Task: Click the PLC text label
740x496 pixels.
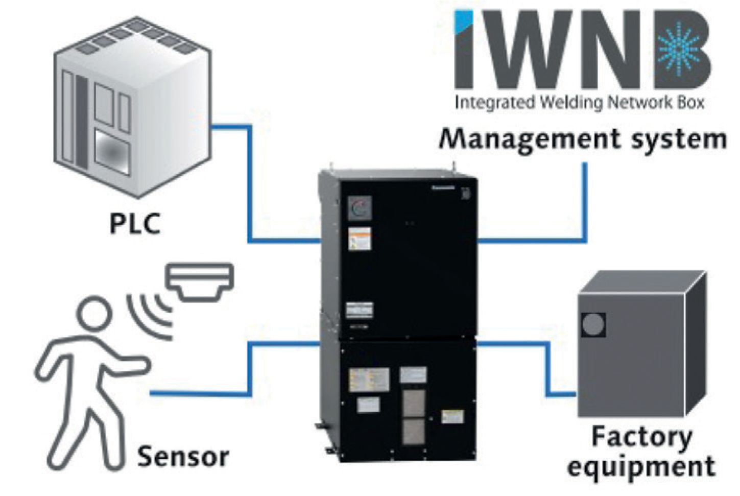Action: [x=135, y=223]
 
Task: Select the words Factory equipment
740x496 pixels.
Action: [x=641, y=452]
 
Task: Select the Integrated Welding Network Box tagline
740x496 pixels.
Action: [x=580, y=103]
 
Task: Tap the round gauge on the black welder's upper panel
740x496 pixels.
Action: [x=360, y=209]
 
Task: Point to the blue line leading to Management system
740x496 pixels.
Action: [x=585, y=204]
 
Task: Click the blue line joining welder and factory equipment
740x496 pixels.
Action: [x=547, y=368]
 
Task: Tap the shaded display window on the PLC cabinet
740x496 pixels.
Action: [x=112, y=151]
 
